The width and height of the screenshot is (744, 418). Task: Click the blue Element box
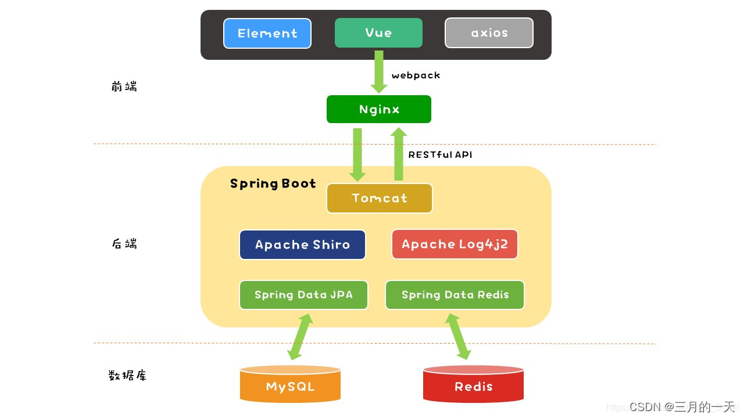(x=267, y=33)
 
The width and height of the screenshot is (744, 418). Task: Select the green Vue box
(x=378, y=33)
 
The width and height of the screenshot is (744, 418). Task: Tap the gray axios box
(x=489, y=33)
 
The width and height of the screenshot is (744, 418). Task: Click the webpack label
(x=416, y=75)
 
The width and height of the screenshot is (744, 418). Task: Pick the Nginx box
(x=379, y=109)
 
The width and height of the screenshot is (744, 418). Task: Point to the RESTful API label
(x=440, y=155)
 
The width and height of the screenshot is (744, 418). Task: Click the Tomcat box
(x=380, y=198)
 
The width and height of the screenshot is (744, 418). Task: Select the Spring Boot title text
(x=273, y=183)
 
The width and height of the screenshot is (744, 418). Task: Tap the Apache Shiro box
(x=302, y=244)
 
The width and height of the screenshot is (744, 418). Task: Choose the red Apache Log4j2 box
(x=455, y=244)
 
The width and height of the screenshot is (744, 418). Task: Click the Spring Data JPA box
(x=303, y=295)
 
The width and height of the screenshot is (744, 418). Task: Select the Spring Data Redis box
(x=455, y=295)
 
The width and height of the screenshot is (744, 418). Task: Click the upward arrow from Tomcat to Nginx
(x=399, y=154)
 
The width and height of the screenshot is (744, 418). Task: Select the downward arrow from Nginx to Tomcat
(x=357, y=154)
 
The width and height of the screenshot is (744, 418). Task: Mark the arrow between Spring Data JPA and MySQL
(x=301, y=336)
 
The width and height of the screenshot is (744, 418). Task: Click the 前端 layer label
(x=124, y=87)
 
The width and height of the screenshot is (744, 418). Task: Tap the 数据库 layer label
(x=128, y=375)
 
